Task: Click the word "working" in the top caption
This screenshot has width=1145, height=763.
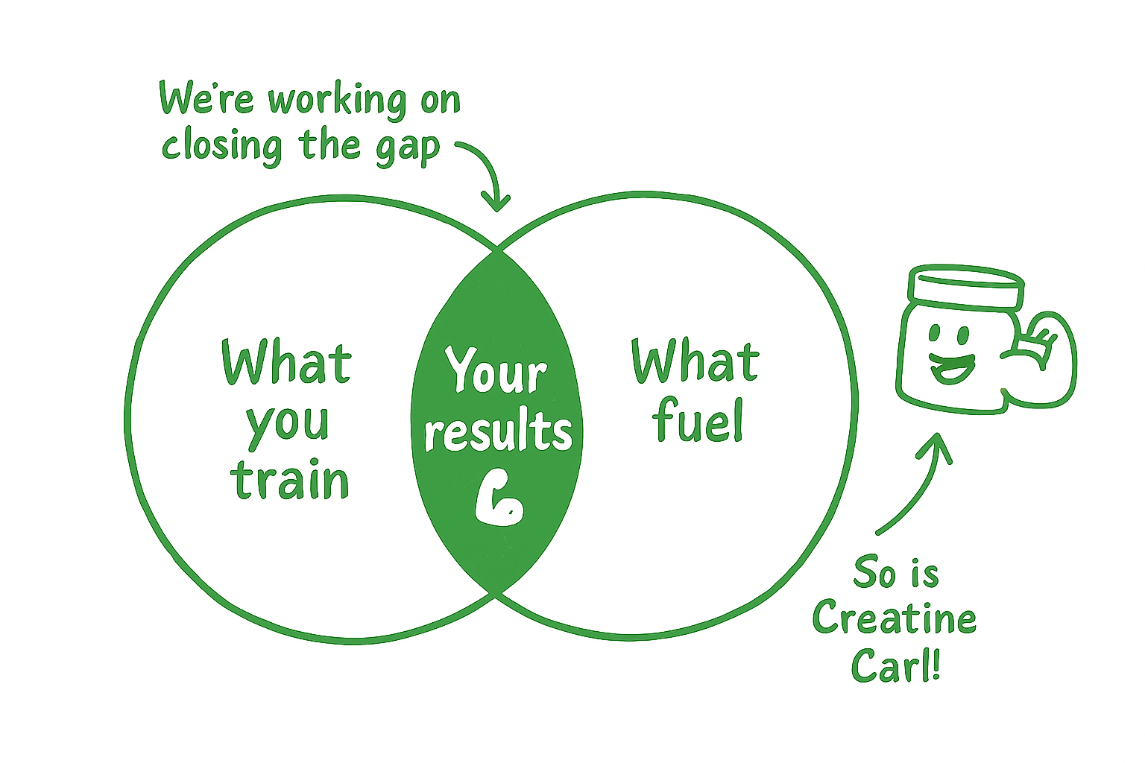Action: coord(338,101)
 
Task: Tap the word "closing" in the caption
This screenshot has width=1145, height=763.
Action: coord(222,145)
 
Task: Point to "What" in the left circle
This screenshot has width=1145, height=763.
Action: coord(286,362)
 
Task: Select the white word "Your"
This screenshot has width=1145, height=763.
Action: coord(496,370)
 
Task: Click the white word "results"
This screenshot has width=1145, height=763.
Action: coord(498,431)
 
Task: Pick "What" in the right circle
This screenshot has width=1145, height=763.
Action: coord(695,361)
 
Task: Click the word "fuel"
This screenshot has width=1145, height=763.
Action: coord(698,420)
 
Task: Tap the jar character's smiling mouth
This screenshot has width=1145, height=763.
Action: coord(952,368)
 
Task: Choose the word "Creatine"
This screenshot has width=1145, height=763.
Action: coord(894,618)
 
